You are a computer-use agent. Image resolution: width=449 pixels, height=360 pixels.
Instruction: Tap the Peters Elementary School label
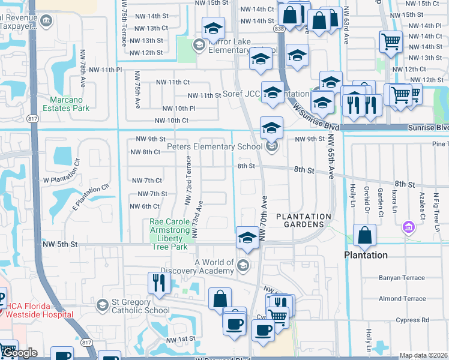(x=214, y=146)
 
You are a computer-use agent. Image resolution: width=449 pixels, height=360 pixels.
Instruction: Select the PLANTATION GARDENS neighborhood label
(x=303, y=220)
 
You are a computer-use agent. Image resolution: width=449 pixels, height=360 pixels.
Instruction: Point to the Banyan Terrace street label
(x=400, y=278)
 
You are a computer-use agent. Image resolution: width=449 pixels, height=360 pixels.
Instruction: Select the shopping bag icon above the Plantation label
(x=364, y=236)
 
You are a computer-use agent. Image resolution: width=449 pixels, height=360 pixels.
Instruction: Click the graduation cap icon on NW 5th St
(x=247, y=238)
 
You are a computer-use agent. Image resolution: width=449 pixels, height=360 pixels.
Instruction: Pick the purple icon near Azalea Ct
(x=409, y=227)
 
